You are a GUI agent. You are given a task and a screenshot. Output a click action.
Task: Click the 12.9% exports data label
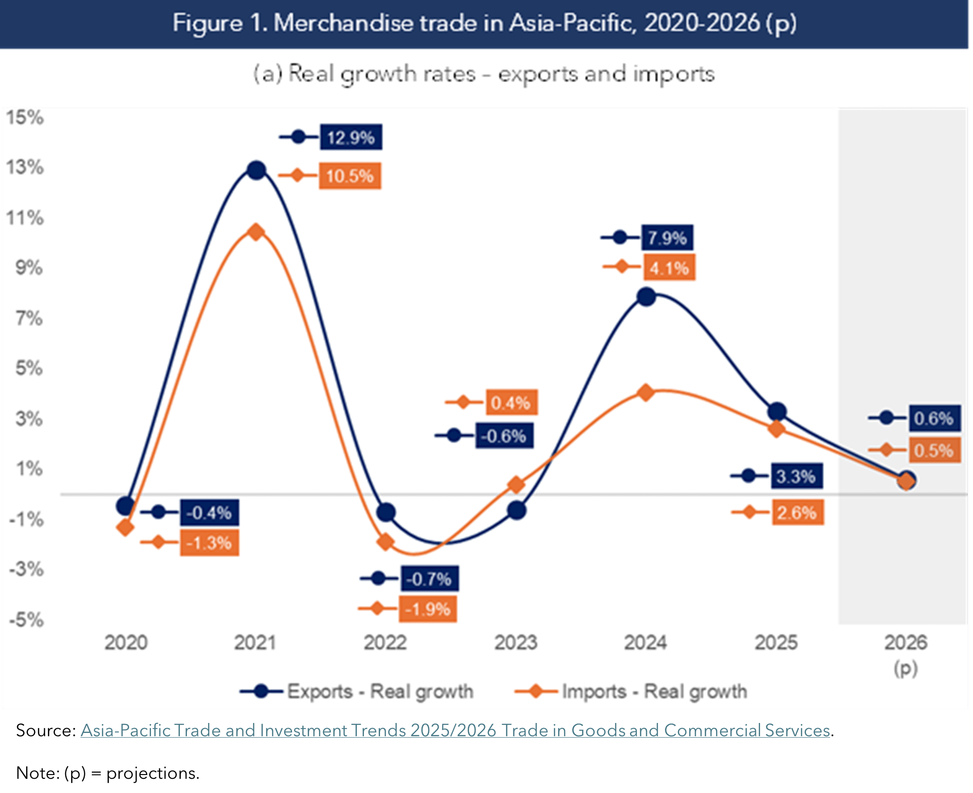pos(351,138)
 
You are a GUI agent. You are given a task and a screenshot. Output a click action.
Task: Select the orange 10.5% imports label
pos(350,176)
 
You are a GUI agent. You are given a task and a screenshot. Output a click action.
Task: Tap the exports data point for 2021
pos(257,170)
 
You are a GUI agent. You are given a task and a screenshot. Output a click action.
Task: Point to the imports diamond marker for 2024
pos(646,392)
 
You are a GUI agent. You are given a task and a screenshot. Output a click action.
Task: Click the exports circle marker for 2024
pos(646,297)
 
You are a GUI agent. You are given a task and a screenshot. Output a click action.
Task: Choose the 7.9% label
pos(667,238)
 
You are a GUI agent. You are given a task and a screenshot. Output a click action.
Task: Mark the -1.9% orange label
pos(427,609)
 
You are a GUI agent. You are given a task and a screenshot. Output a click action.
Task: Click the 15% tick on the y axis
pos(25,117)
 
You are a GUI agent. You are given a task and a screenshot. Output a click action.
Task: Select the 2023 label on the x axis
pos(516,643)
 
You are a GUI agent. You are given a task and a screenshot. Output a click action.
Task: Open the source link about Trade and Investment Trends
pos(455,730)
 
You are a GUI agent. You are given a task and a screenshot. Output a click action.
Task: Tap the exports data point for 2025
pos(777,412)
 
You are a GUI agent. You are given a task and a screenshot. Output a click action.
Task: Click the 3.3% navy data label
pos(796,476)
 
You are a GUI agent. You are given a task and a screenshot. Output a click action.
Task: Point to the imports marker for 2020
pos(125,527)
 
